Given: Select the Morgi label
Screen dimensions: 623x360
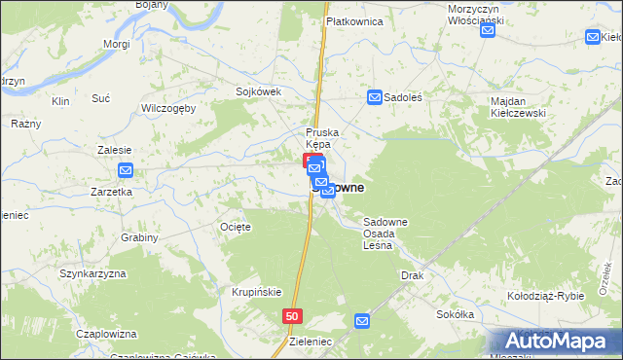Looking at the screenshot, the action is pyautogui.click(x=116, y=45).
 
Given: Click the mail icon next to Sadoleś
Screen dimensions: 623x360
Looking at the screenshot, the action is pyautogui.click(x=375, y=97).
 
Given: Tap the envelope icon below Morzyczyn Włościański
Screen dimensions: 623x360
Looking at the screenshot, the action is pyautogui.click(x=488, y=30).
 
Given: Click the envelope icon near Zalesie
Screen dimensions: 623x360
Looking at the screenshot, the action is pyautogui.click(x=126, y=171).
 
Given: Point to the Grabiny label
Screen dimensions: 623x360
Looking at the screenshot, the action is pyautogui.click(x=140, y=237).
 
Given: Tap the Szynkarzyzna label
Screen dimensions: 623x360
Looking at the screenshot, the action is pyautogui.click(x=93, y=273).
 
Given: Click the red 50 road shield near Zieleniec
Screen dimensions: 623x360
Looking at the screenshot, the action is pyautogui.click(x=293, y=317).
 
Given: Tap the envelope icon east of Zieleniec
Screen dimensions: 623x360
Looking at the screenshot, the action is pyautogui.click(x=363, y=320).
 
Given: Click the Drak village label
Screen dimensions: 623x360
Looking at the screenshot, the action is pyautogui.click(x=412, y=275).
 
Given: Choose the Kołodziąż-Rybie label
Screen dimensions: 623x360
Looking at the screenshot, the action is pyautogui.click(x=545, y=295).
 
